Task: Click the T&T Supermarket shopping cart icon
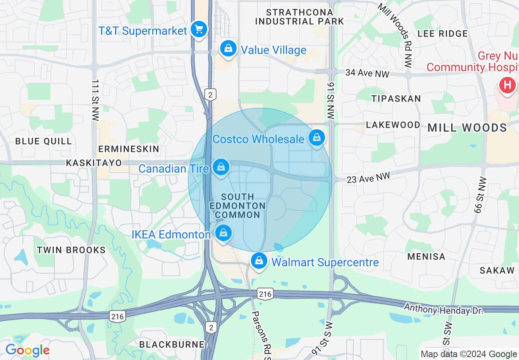click(199, 29)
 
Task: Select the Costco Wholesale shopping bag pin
click(317, 137)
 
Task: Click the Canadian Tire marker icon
click(221, 167)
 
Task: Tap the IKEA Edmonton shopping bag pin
click(223, 233)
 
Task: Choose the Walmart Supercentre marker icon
click(259, 261)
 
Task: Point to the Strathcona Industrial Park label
click(300, 17)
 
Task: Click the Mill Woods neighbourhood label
click(467, 128)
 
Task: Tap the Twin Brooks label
click(71, 250)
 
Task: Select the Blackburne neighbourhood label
click(171, 344)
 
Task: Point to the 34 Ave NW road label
click(367, 74)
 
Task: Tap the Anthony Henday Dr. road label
click(444, 308)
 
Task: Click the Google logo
click(27, 351)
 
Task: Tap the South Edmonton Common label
click(237, 206)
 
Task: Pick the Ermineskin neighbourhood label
click(129, 149)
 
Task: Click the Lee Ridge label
click(442, 34)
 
